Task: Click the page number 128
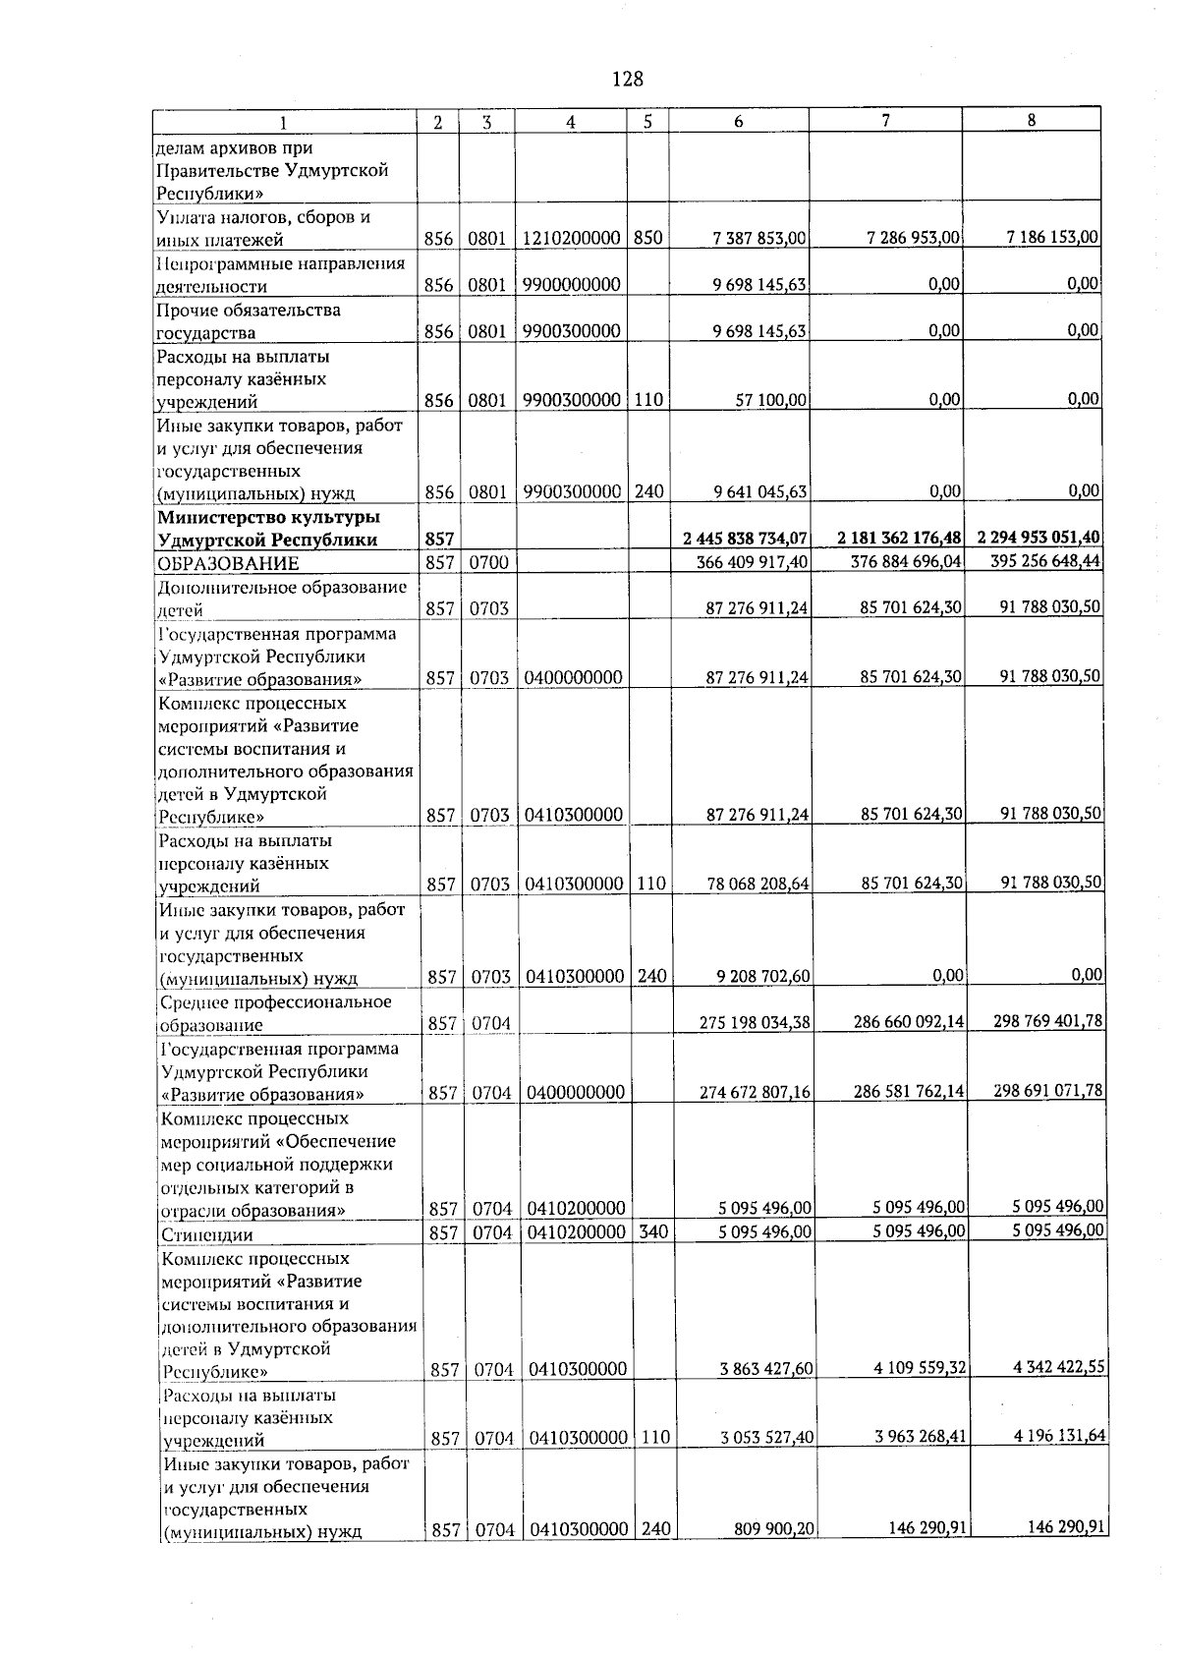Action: [x=627, y=79]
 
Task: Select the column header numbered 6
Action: [x=738, y=122]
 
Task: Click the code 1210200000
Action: [x=571, y=239]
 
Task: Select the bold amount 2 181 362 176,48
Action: [x=899, y=538]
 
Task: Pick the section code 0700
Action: [x=487, y=563]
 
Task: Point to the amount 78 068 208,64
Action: [x=758, y=885]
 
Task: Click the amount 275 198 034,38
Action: [x=755, y=1023]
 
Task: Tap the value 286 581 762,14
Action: [x=904, y=1091]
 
